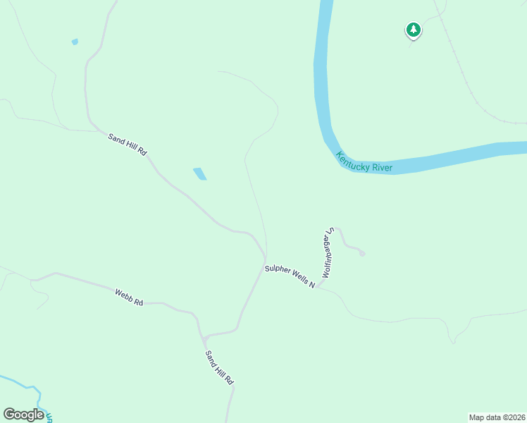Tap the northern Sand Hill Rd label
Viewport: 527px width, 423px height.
coord(127,143)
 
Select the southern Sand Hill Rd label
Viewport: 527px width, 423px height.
coord(219,367)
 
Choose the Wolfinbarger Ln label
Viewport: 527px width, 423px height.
coord(327,252)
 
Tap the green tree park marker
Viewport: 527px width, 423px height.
coord(413,30)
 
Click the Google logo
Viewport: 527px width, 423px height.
coord(23,415)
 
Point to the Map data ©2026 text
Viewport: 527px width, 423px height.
coord(497,417)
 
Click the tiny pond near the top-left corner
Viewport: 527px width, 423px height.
coord(75,42)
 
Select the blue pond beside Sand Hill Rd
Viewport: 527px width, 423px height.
coord(200,173)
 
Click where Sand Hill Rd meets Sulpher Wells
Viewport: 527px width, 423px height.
coord(265,259)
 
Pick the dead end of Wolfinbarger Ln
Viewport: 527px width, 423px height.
coord(362,254)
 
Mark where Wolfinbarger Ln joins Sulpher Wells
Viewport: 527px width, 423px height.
coord(318,286)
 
